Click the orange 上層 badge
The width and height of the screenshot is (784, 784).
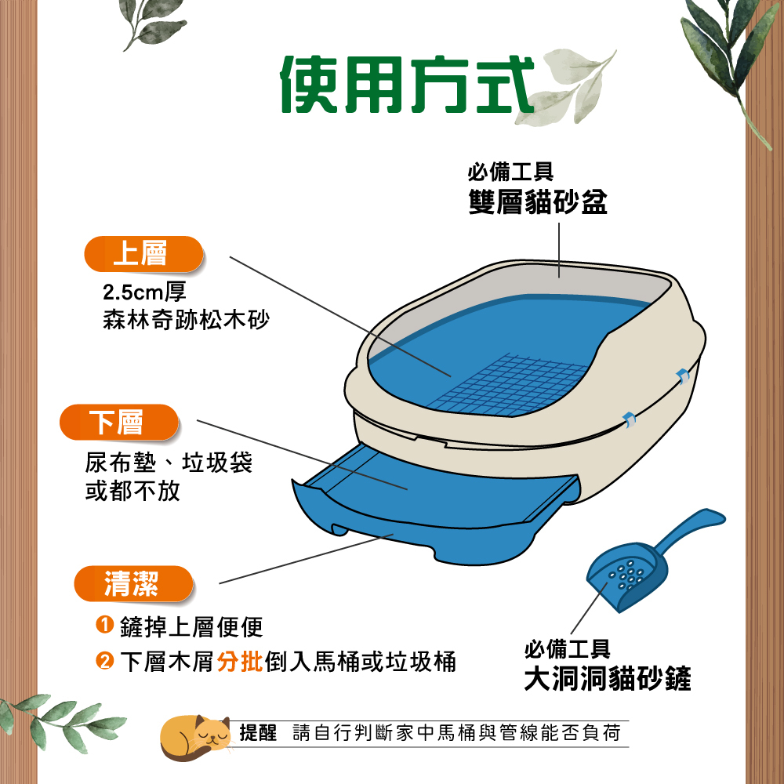(x=143, y=253)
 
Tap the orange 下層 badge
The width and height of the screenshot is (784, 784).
(x=119, y=422)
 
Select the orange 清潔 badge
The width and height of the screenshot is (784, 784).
(x=133, y=583)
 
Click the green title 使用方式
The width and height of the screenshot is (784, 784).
(x=407, y=85)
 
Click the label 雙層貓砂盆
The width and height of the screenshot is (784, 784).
(x=538, y=202)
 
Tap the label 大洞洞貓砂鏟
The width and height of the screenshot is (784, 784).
(x=608, y=678)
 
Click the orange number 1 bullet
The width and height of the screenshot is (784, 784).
(x=104, y=625)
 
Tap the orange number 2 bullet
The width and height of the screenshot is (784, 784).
(x=104, y=660)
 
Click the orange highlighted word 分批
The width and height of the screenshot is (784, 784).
(x=240, y=661)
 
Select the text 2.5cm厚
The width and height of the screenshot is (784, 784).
(x=144, y=292)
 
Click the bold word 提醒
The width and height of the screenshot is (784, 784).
(x=258, y=733)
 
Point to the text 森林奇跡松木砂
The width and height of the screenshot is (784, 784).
(x=186, y=320)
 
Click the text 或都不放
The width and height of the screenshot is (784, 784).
(x=132, y=491)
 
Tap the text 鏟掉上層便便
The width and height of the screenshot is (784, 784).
(x=191, y=626)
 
